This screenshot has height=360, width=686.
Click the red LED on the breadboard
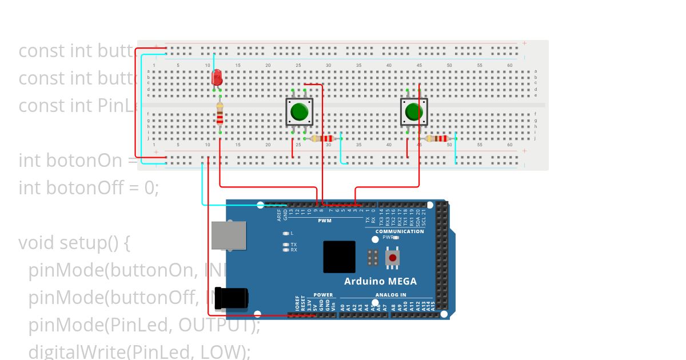[217, 77]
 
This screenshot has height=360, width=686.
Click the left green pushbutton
[299, 111]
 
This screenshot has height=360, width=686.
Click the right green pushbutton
[413, 111]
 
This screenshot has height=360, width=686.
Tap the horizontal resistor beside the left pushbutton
[324, 138]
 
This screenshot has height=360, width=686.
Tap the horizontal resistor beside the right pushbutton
[438, 138]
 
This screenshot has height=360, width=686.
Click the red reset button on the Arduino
[392, 258]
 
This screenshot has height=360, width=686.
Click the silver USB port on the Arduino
[229, 235]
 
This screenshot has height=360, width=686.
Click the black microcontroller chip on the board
[339, 257]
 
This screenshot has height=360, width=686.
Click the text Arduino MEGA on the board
[380, 281]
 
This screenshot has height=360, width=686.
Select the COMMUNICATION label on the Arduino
[400, 231]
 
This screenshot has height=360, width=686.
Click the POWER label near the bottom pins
[323, 295]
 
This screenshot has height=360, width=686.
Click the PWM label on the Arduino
[325, 220]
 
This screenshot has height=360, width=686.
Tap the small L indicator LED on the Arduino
[286, 233]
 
